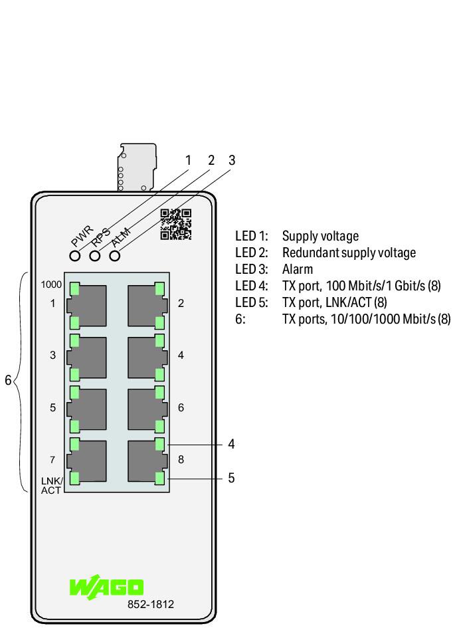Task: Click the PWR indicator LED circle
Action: [x=75, y=256]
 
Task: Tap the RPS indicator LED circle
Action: [x=95, y=256]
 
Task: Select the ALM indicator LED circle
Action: [x=115, y=256]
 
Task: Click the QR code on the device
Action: [x=175, y=225]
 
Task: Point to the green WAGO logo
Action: [x=106, y=587]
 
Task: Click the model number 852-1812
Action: [x=151, y=604]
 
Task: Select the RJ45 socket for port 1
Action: [x=87, y=306]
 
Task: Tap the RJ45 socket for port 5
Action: [x=87, y=409]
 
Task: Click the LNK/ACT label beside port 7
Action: [x=52, y=485]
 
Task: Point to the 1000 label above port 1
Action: [x=51, y=284]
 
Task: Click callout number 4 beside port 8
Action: [x=231, y=444]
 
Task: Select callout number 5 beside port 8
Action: [x=231, y=478]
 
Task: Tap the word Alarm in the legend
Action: [x=298, y=269]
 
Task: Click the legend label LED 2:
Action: [x=252, y=253]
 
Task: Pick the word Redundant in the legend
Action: [x=308, y=253]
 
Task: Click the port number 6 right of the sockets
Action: [x=181, y=407]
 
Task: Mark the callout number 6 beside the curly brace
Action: [x=8, y=380]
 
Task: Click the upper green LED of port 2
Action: [x=159, y=288]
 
